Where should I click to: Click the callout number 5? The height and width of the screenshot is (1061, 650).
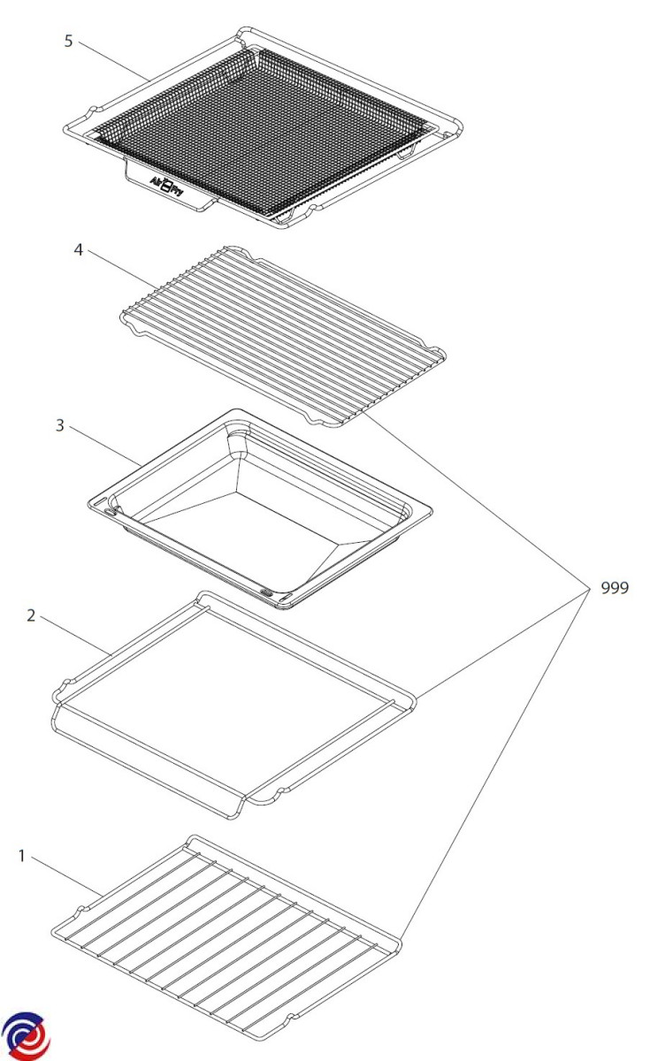click(69, 42)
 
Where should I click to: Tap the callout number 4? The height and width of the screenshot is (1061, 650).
click(79, 249)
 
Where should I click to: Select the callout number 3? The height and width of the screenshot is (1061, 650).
click(60, 425)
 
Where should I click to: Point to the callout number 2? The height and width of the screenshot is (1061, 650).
click(31, 615)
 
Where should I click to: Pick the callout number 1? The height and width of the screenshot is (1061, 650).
click(21, 856)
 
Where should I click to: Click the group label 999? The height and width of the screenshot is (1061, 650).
click(615, 588)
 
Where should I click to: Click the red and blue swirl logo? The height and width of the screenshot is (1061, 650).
click(26, 1035)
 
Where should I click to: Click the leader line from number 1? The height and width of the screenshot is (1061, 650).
click(67, 877)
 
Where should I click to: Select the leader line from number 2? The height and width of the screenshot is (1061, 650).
click(76, 636)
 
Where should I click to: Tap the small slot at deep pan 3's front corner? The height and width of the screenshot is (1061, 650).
click(266, 592)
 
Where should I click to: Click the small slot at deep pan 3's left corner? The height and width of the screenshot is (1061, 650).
click(110, 512)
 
